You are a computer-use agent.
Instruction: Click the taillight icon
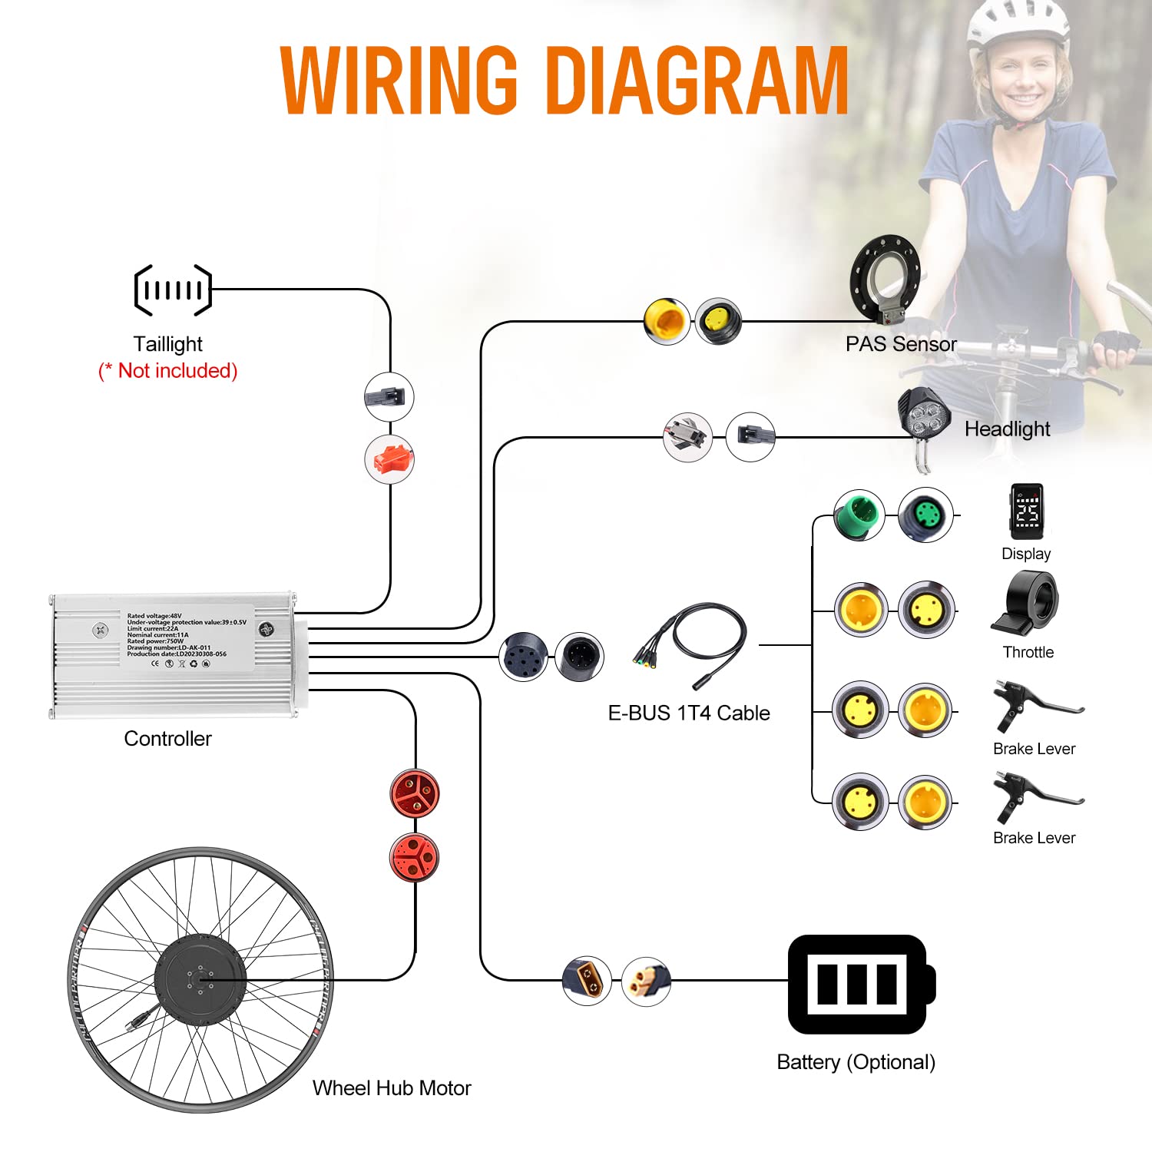(173, 290)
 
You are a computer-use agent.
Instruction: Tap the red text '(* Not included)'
(168, 371)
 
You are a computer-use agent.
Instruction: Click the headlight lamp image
(924, 418)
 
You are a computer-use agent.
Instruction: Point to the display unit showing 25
(1027, 511)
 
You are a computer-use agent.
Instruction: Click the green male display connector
(859, 515)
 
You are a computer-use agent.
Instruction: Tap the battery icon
(860, 984)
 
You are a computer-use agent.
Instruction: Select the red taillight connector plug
(389, 460)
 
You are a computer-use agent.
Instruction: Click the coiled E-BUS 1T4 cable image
(691, 646)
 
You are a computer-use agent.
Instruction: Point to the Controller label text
(167, 739)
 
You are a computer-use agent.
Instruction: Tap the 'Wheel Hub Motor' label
(392, 1088)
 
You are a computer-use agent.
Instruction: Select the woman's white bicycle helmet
(1018, 27)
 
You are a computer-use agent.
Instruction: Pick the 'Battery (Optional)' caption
(856, 1062)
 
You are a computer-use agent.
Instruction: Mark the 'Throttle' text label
(1028, 652)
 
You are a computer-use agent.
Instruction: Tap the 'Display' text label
(1026, 554)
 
